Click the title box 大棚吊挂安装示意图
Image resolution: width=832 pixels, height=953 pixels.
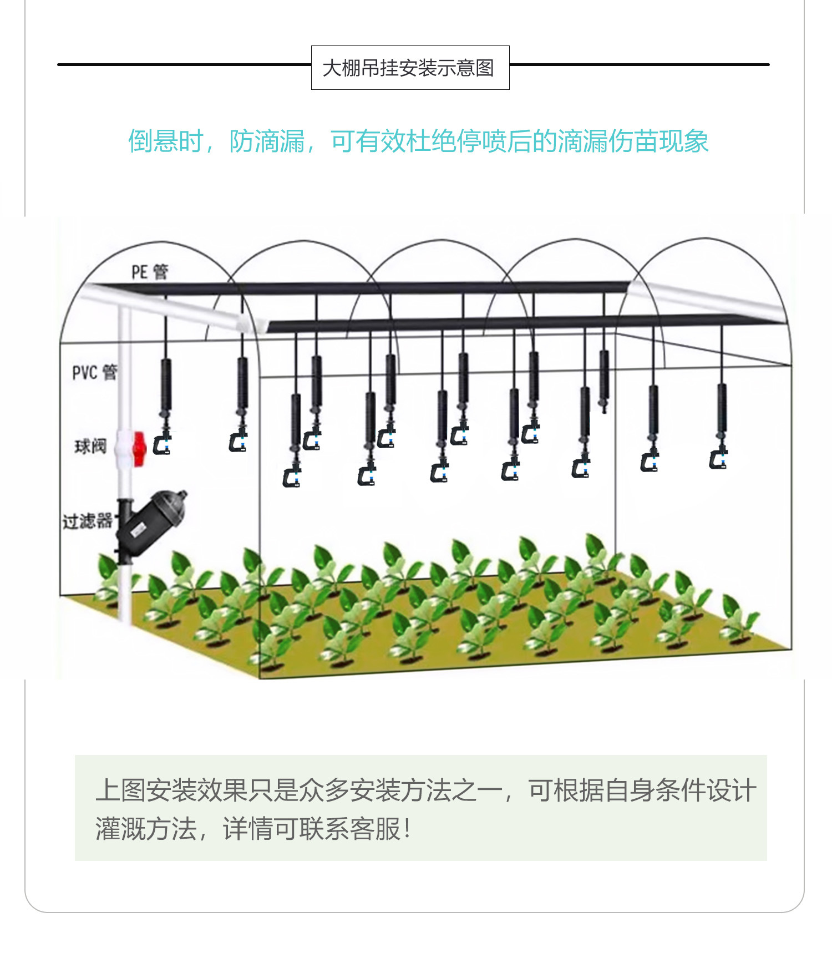tap(410, 68)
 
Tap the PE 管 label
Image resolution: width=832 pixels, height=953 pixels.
tap(149, 272)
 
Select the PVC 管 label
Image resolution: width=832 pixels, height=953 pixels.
tap(94, 372)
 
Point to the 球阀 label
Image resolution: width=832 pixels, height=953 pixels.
tap(90, 445)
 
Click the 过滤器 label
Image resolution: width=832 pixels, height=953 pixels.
tap(87, 521)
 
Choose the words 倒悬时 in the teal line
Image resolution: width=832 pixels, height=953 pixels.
tap(166, 141)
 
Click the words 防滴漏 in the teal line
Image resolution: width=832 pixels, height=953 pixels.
tap(267, 141)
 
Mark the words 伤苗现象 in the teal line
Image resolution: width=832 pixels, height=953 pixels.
tap(658, 141)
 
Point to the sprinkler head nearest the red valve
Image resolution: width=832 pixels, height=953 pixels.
tap(163, 443)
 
